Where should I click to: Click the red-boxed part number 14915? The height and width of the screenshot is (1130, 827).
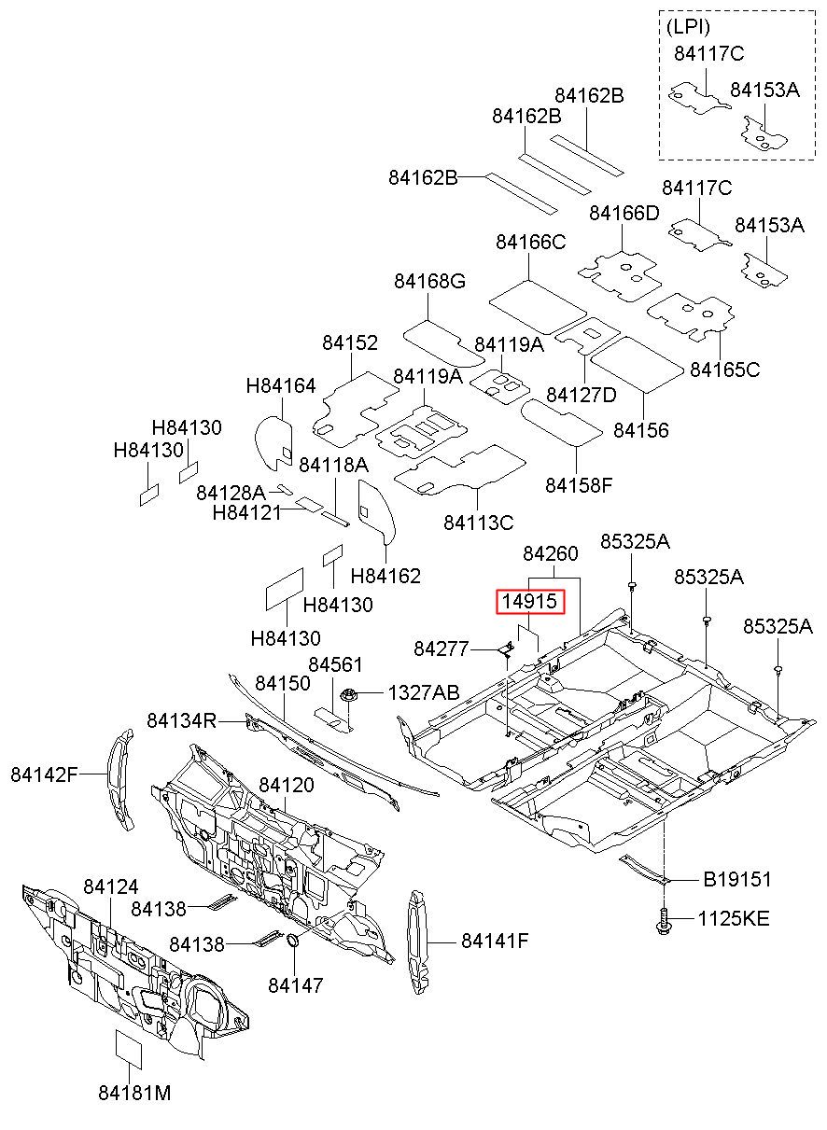pyautogui.click(x=529, y=601)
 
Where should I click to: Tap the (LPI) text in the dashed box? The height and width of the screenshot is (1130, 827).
pyautogui.click(x=688, y=27)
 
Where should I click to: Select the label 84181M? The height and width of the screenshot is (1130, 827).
pyautogui.click(x=134, y=1094)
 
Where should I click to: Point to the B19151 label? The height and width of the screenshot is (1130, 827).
pyautogui.click(x=737, y=879)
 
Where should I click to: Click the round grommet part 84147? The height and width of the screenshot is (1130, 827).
pyautogui.click(x=292, y=940)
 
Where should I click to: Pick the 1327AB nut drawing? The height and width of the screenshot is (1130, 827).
pyautogui.click(x=347, y=695)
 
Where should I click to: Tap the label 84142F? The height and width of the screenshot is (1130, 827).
pyautogui.click(x=45, y=774)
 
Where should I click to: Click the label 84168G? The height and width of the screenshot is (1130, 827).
pyautogui.click(x=429, y=281)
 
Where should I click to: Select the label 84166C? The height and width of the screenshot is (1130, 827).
pyautogui.click(x=531, y=243)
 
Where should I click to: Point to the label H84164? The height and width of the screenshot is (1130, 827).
pyautogui.click(x=281, y=386)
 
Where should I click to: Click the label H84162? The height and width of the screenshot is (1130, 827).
pyautogui.click(x=385, y=576)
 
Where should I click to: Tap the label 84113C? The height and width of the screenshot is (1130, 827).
pyautogui.click(x=478, y=523)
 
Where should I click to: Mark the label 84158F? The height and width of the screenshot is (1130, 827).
pyautogui.click(x=579, y=485)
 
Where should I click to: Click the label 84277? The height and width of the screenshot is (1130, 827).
pyautogui.click(x=441, y=649)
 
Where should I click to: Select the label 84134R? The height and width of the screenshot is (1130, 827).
pyautogui.click(x=182, y=721)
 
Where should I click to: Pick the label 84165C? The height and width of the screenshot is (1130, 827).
pyautogui.click(x=724, y=370)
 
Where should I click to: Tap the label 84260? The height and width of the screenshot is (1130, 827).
pyautogui.click(x=551, y=554)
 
